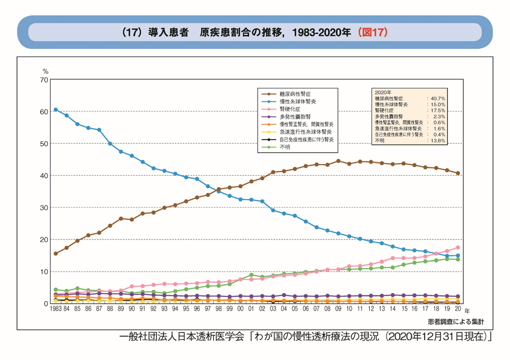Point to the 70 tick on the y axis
click(x=45, y=80)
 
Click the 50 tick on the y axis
click(x=45, y=144)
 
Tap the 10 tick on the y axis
click(x=45, y=271)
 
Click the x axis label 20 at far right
click(x=458, y=308)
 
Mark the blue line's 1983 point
click(x=55, y=110)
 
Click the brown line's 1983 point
click(x=55, y=254)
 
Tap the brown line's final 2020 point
click(x=458, y=173)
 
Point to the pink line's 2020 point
click(x=458, y=247)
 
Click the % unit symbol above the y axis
click(x=45, y=71)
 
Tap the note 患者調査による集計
click(x=456, y=321)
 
